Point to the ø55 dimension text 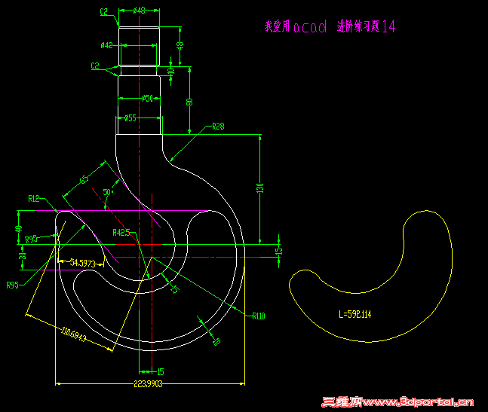click(x=130, y=118)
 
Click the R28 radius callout click(x=218, y=126)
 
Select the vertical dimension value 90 click(x=189, y=101)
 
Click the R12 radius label click(x=34, y=199)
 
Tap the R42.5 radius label click(x=122, y=233)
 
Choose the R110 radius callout click(x=259, y=316)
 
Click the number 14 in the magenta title click(x=388, y=27)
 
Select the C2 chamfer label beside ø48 click(x=104, y=12)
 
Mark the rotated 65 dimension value click(x=84, y=179)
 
